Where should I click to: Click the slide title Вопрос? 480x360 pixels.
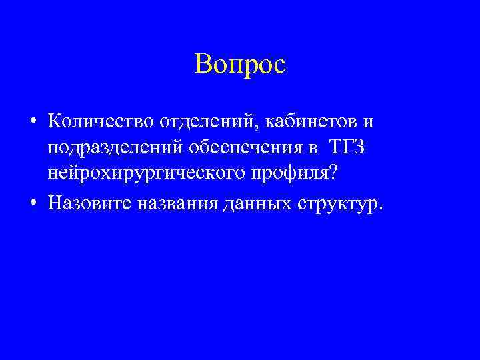point(240,64)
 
